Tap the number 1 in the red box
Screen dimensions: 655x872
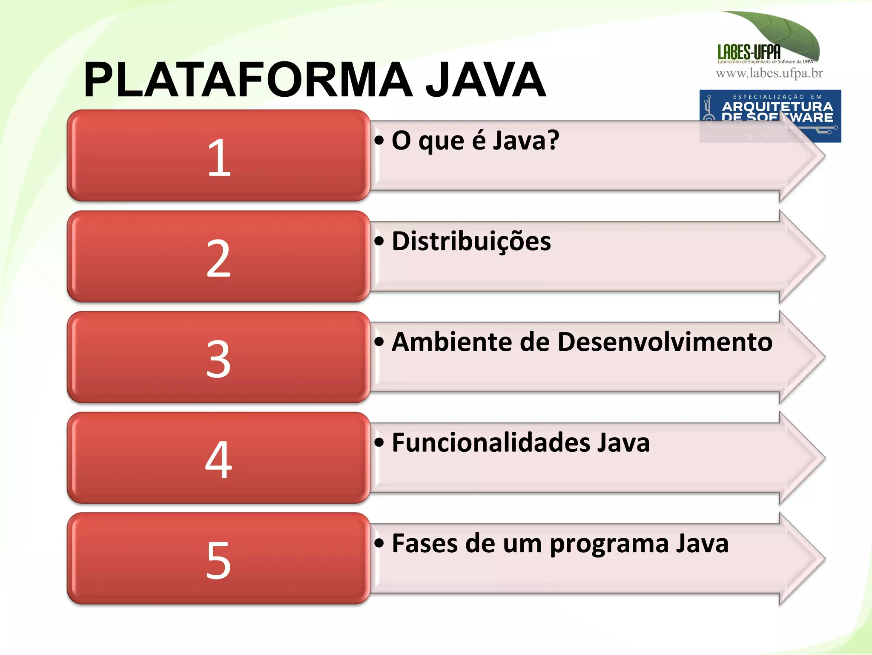pyautogui.click(x=219, y=158)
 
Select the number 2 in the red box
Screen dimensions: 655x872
pyautogui.click(x=218, y=258)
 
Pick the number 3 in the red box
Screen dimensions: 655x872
pyautogui.click(x=218, y=359)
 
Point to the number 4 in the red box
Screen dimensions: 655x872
pyautogui.click(x=218, y=459)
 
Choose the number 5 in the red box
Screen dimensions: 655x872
pyautogui.click(x=218, y=560)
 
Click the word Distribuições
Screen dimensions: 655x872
pyautogui.click(x=471, y=241)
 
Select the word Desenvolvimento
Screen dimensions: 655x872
pyautogui.click(x=665, y=342)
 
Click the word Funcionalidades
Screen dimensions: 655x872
pyautogui.click(x=490, y=442)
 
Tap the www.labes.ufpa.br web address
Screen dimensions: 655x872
pyautogui.click(x=769, y=73)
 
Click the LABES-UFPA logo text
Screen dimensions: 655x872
pyautogui.click(x=749, y=52)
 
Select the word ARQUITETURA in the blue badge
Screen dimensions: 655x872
pyautogui.click(x=777, y=106)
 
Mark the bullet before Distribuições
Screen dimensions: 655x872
pyautogui.click(x=379, y=241)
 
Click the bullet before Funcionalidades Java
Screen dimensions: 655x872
pyautogui.click(x=379, y=442)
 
